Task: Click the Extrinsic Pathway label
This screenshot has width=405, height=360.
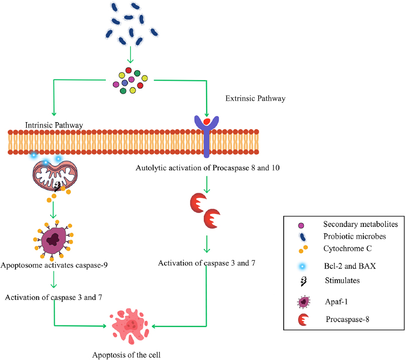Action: [x=256, y=99]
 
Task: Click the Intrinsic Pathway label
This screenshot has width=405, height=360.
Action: [x=54, y=124]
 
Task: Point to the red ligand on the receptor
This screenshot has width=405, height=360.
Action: [x=206, y=121]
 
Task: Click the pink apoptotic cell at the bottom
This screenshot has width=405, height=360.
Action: [x=130, y=326]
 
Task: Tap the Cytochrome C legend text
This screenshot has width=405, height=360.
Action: [x=348, y=248]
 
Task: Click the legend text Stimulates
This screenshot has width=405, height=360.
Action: [x=342, y=281]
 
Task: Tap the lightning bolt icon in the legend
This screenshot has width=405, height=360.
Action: [x=303, y=281]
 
